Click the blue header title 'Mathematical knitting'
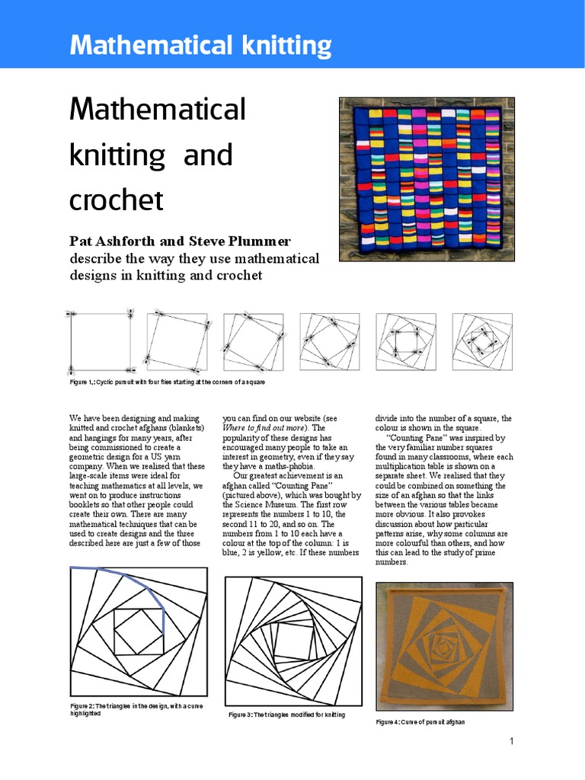(x=200, y=46)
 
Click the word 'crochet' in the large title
(x=117, y=200)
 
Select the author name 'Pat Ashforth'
(x=111, y=241)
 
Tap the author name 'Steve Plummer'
(x=244, y=241)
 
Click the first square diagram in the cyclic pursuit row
(x=100, y=340)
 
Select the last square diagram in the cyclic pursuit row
(x=482, y=341)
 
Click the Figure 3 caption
(x=287, y=715)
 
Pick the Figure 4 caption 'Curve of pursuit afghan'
(x=420, y=721)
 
